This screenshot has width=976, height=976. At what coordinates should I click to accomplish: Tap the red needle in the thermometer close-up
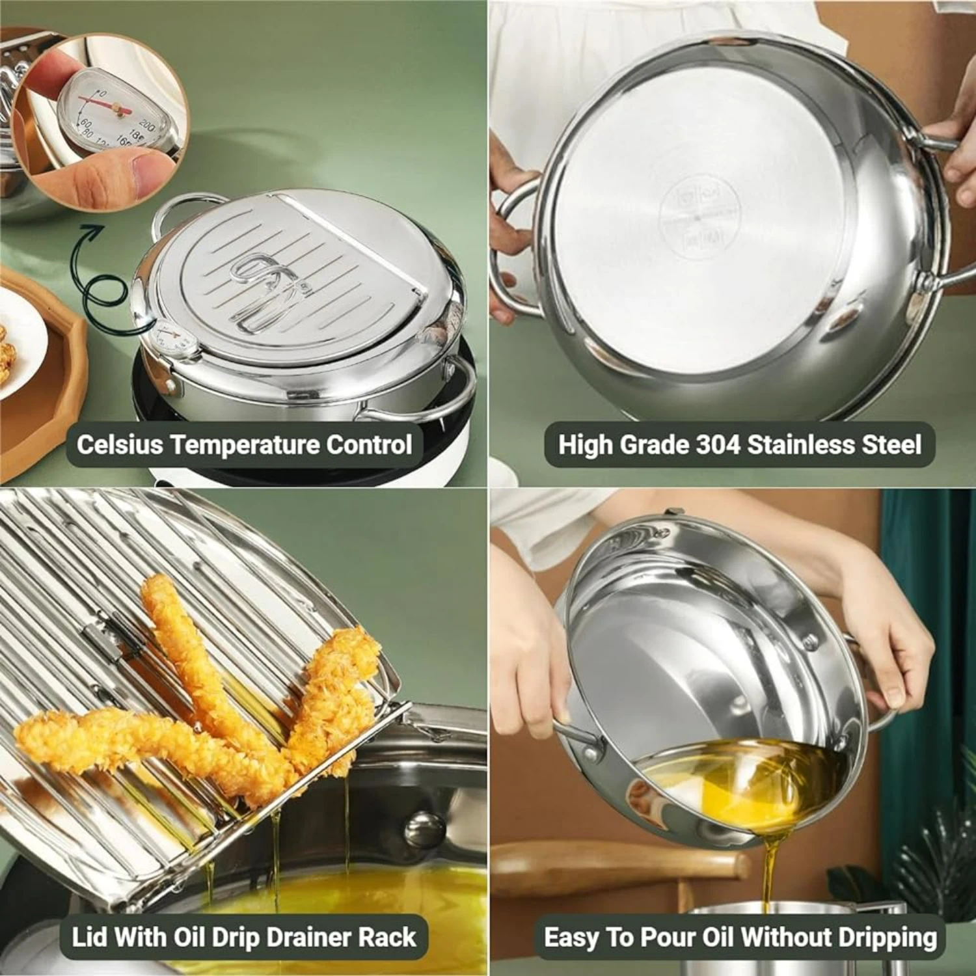click(98, 101)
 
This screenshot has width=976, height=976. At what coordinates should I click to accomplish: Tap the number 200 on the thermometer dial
click(147, 125)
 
